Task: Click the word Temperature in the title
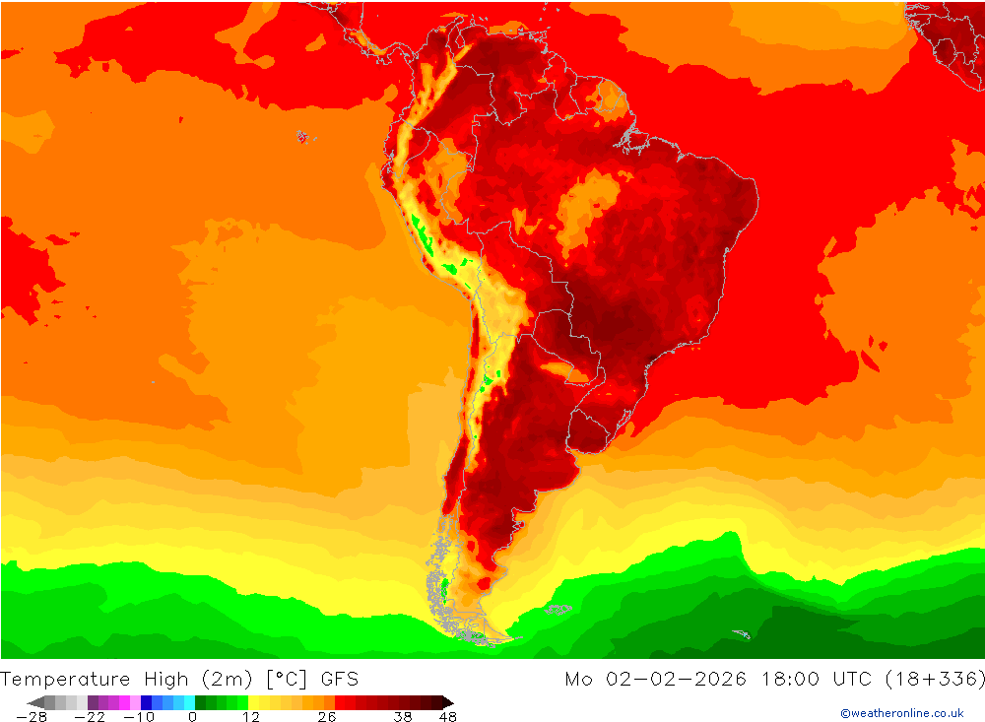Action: tap(66, 679)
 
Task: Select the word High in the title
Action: tap(166, 679)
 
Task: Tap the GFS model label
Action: tap(339, 679)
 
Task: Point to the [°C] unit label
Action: tap(286, 679)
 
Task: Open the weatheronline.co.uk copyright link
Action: tap(901, 713)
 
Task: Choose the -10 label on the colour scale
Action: tap(139, 717)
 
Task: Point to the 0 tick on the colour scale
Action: tap(192, 717)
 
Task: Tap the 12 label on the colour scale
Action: tap(251, 717)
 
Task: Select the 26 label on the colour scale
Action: tap(327, 717)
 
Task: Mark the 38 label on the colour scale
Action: tap(403, 717)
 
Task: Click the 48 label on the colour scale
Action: tap(447, 717)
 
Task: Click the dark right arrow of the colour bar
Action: tap(447, 702)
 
